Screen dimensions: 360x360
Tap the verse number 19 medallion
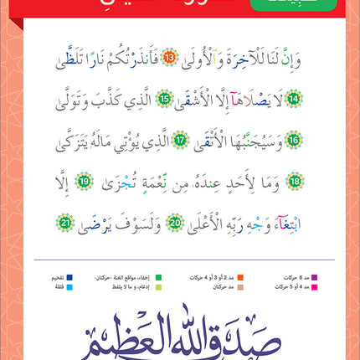pyautogui.click(x=274, y=180)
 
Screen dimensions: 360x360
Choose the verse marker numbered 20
pyautogui.click(x=175, y=221)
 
